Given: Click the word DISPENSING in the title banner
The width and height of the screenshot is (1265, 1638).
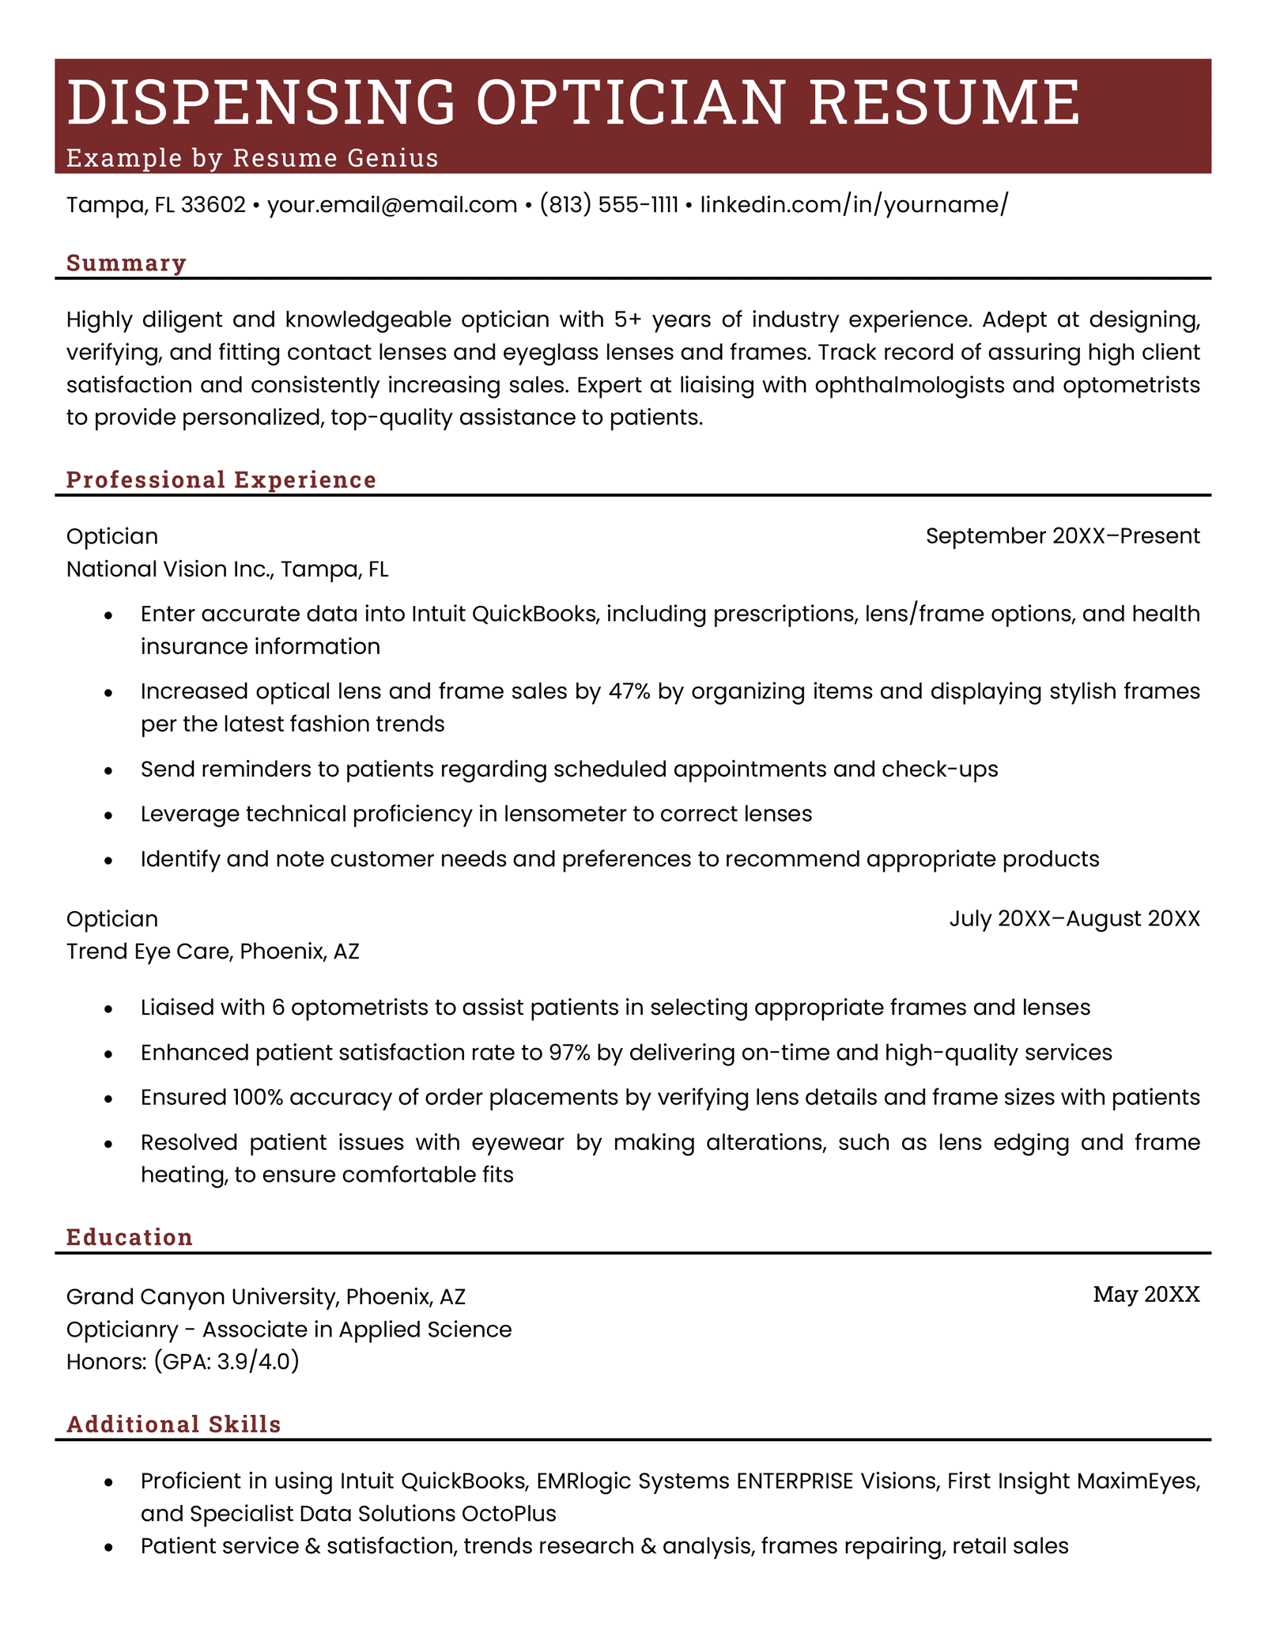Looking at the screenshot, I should [x=261, y=103].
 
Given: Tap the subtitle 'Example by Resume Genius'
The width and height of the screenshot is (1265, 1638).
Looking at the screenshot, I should [x=252, y=158].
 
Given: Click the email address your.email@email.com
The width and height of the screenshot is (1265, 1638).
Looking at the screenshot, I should [x=392, y=206].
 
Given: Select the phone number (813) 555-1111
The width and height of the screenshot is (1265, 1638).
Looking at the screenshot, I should [x=609, y=206].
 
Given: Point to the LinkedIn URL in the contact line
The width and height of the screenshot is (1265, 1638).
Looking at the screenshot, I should [x=854, y=206].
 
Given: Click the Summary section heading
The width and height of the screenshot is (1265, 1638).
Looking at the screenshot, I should [x=126, y=263].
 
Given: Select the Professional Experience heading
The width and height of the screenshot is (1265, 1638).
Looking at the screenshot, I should [x=221, y=480].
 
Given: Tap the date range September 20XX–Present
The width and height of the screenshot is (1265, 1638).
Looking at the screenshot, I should [x=1063, y=536].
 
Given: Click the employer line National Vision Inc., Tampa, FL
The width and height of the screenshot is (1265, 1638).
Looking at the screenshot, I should [x=227, y=569].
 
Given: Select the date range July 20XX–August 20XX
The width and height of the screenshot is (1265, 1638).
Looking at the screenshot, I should [x=1074, y=919].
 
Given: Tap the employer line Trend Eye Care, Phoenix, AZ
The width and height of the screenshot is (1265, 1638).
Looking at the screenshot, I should [x=213, y=951].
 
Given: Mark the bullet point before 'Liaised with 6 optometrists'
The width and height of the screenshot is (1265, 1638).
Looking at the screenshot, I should [x=109, y=1009].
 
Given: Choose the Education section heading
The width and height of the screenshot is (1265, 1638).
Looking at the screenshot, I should [x=130, y=1237].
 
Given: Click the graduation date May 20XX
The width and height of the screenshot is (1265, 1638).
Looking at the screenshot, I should [x=1146, y=1295].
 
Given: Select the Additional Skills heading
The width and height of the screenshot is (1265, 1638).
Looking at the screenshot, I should [x=174, y=1424].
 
